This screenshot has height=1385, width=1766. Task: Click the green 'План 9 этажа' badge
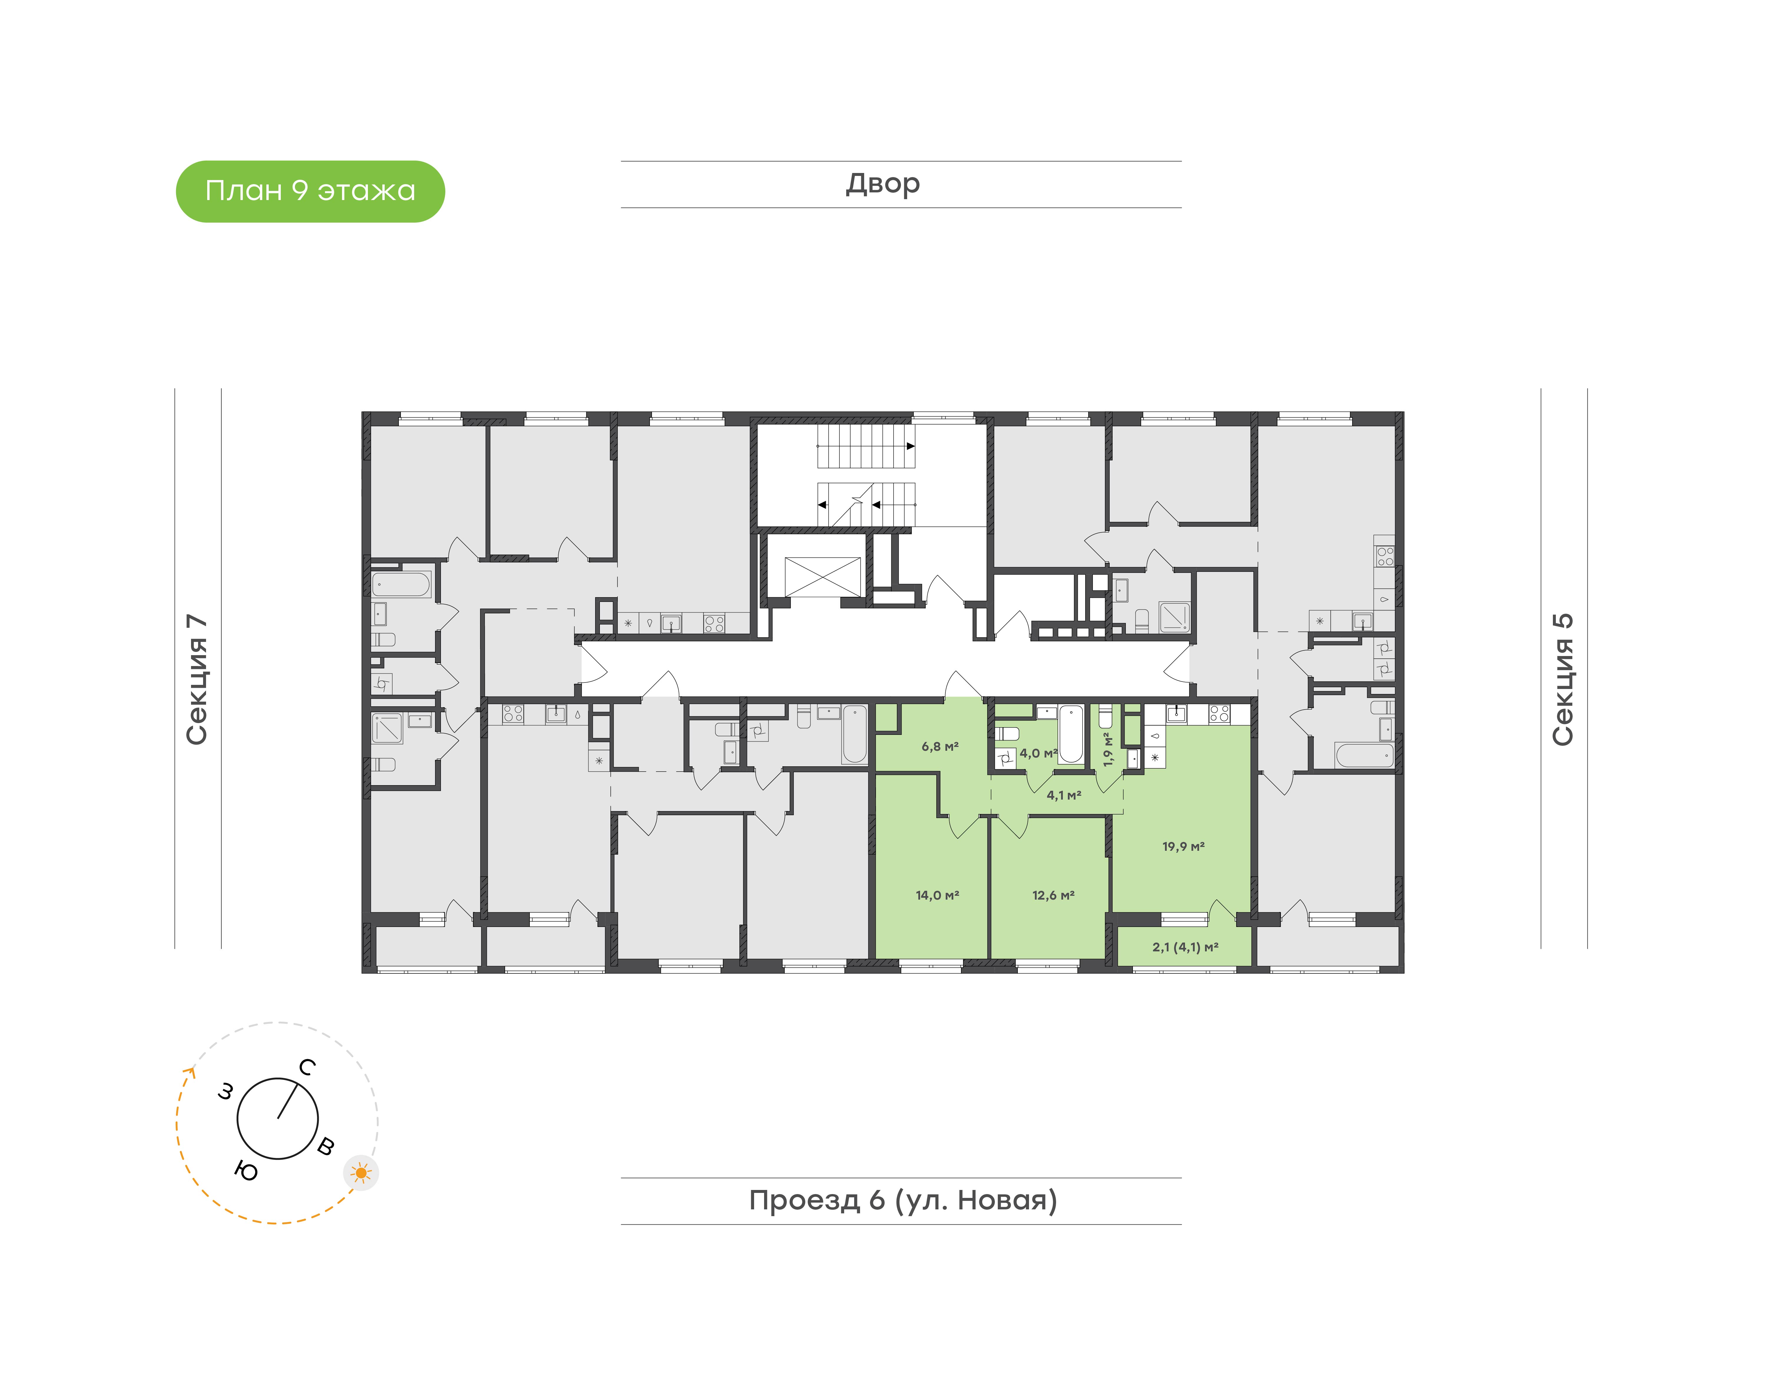(310, 192)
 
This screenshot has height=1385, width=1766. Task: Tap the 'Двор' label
(883, 184)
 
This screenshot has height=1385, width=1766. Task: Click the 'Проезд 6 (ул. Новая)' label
(902, 1200)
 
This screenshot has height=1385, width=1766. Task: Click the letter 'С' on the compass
(307, 1067)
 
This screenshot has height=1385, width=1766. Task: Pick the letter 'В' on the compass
(325, 1146)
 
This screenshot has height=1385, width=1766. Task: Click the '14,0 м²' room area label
(937, 895)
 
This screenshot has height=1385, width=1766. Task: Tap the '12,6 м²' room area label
(1053, 895)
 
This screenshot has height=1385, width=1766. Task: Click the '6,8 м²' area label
(940, 746)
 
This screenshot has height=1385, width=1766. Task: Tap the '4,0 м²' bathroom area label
(1038, 753)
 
